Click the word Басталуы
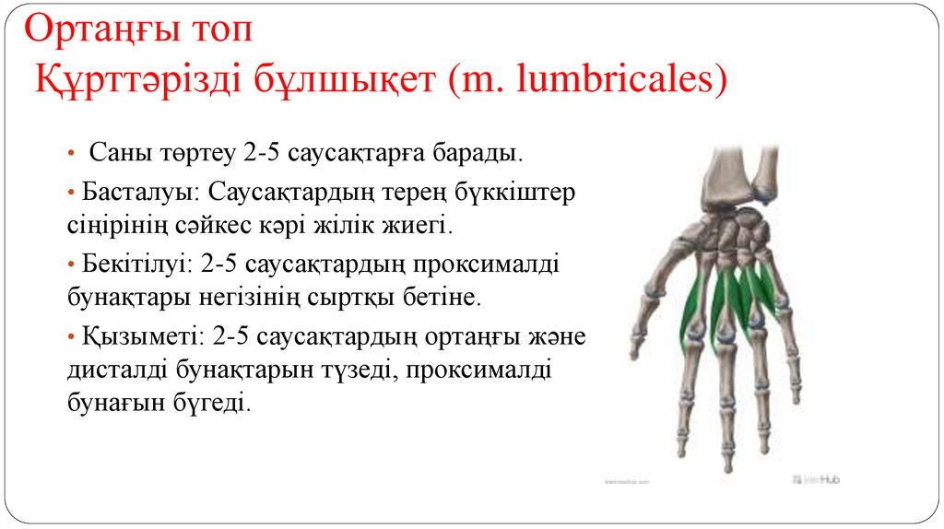pyautogui.click(x=139, y=194)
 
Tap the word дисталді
pyautogui.click(x=119, y=370)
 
